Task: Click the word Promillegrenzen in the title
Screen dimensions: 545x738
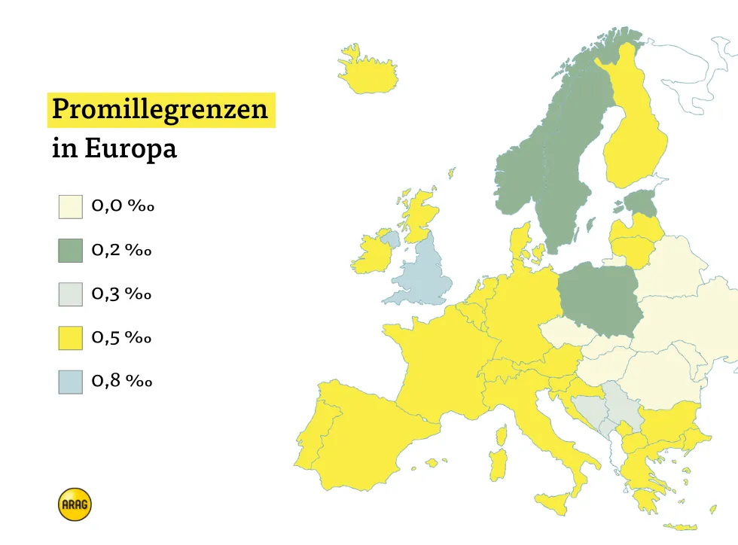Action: coord(160,110)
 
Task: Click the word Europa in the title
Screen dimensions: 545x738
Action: coord(130,148)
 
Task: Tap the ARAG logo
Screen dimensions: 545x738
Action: coord(74,504)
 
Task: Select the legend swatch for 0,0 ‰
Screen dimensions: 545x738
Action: coord(70,206)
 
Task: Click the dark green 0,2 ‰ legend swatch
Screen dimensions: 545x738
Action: coord(70,250)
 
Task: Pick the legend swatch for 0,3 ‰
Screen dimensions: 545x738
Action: coord(70,294)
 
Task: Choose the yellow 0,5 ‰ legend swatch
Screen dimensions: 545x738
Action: coord(70,338)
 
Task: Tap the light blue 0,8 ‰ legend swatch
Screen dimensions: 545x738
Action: coord(70,382)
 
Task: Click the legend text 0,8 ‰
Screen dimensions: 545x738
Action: coord(122,382)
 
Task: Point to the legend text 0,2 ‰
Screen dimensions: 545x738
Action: coord(122,250)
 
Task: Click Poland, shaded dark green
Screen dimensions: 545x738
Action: coord(600,300)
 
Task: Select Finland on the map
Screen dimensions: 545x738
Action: coord(635,135)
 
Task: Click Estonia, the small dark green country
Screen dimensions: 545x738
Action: coord(642,202)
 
